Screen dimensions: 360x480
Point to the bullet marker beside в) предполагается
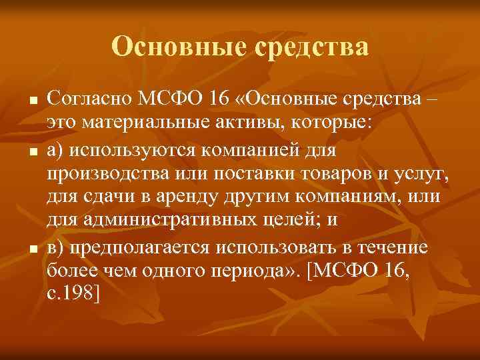click(31, 249)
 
